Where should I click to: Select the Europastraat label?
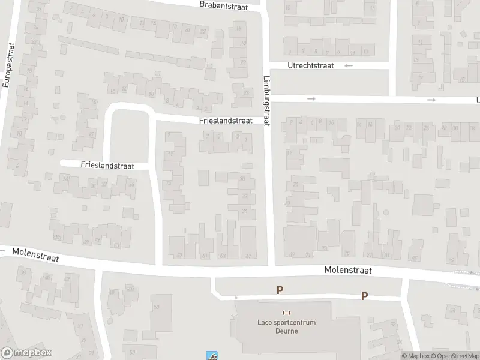pyautogui.click(x=8, y=65)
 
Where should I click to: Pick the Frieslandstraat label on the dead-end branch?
pyautogui.click(x=106, y=164)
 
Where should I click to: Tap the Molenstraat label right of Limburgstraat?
pyautogui.click(x=348, y=271)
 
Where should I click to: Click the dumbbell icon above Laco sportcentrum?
pyautogui.click(x=286, y=313)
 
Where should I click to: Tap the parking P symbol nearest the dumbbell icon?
pyautogui.click(x=280, y=290)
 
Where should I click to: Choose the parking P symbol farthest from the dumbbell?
pyautogui.click(x=364, y=296)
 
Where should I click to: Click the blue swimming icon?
pyautogui.click(x=211, y=355)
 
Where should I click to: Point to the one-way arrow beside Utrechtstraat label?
pyautogui.click(x=349, y=65)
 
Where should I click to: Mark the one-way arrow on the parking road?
pyautogui.click(x=235, y=297)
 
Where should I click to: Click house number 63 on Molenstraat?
pyautogui.click(x=223, y=256)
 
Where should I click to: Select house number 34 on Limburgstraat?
pyautogui.click(x=244, y=210)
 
